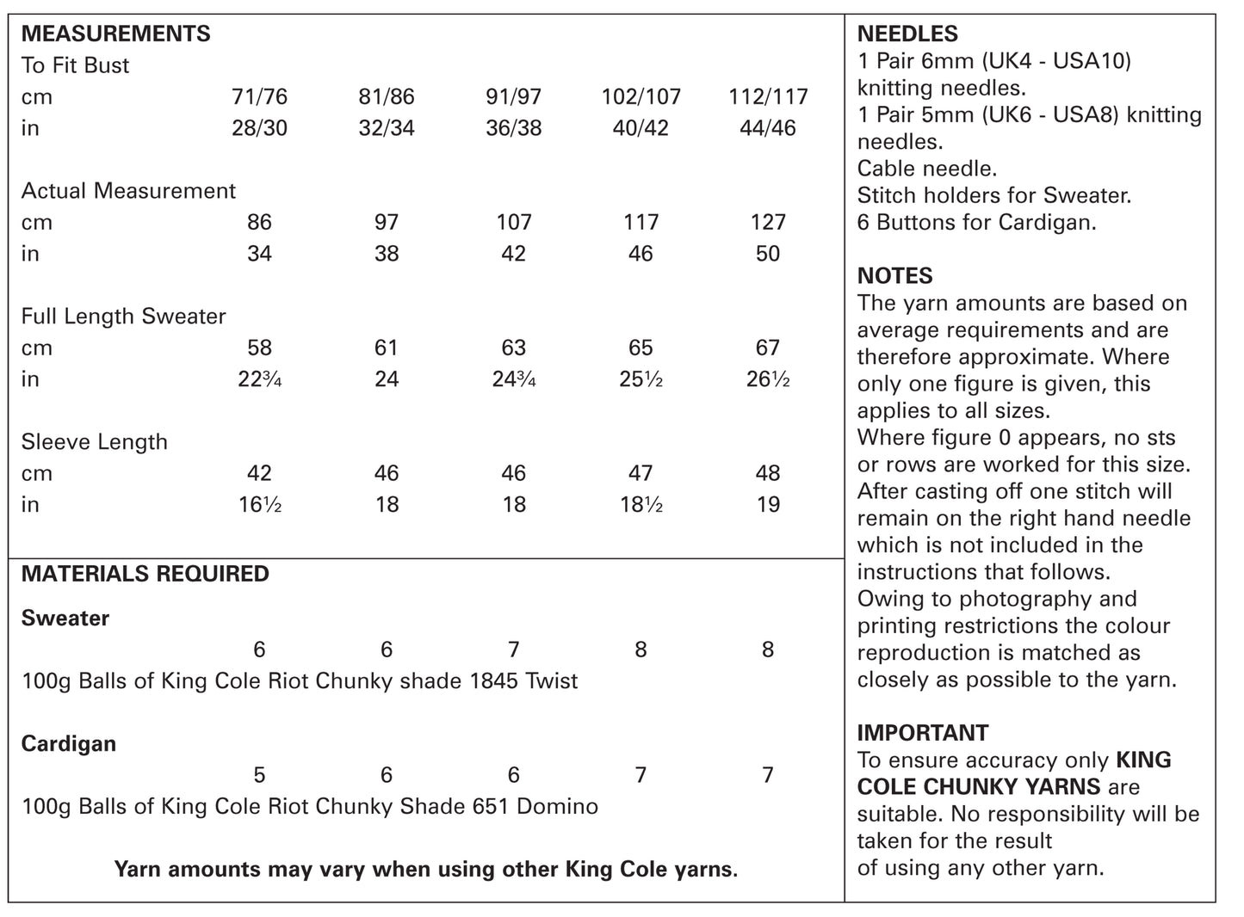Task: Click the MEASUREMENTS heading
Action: pyautogui.click(x=115, y=34)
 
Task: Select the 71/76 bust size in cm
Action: pyautogui.click(x=259, y=96)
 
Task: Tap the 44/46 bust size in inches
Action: pyautogui.click(x=767, y=128)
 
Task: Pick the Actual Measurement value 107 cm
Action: pyautogui.click(x=513, y=222)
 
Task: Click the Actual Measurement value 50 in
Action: pyautogui.click(x=767, y=254)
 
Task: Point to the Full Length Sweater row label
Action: pyautogui.click(x=123, y=317)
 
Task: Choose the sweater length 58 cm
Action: pyautogui.click(x=259, y=348)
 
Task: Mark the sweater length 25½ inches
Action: pyautogui.click(x=641, y=379)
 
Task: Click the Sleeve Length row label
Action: pyautogui.click(x=94, y=442)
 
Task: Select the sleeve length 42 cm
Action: pyautogui.click(x=259, y=473)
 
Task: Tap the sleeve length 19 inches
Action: pyautogui.click(x=767, y=505)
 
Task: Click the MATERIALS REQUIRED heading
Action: pyautogui.click(x=145, y=574)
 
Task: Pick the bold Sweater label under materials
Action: pyautogui.click(x=65, y=619)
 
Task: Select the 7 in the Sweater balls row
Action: pyautogui.click(x=513, y=649)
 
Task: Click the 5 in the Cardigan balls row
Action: pyautogui.click(x=259, y=775)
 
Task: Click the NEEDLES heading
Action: pyautogui.click(x=907, y=34)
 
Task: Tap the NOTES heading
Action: pyautogui.click(x=894, y=276)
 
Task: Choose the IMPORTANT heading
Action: pyautogui.click(x=923, y=733)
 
